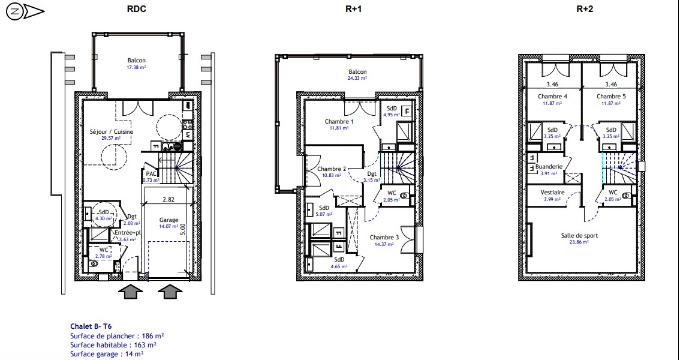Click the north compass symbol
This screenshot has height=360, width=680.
(25, 12)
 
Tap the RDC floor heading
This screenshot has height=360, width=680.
(136, 9)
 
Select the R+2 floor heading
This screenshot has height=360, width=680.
(584, 9)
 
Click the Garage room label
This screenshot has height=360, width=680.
(169, 220)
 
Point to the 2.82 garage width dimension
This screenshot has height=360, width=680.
(169, 200)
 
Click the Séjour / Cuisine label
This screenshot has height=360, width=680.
(112, 132)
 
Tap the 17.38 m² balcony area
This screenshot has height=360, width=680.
(137, 67)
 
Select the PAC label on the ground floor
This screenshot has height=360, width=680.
(151, 174)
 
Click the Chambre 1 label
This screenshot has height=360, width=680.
(339, 121)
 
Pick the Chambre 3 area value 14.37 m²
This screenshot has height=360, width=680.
(384, 244)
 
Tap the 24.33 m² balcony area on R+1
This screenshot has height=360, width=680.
(357, 79)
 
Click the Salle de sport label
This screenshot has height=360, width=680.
(579, 236)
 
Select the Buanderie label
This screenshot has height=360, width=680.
(549, 167)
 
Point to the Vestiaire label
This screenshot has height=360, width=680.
(552, 192)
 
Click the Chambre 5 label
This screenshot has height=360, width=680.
(611, 96)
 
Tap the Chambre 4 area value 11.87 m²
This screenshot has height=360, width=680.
(552, 103)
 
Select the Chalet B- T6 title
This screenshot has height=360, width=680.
(88, 326)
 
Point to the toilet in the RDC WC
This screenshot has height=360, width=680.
(93, 263)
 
